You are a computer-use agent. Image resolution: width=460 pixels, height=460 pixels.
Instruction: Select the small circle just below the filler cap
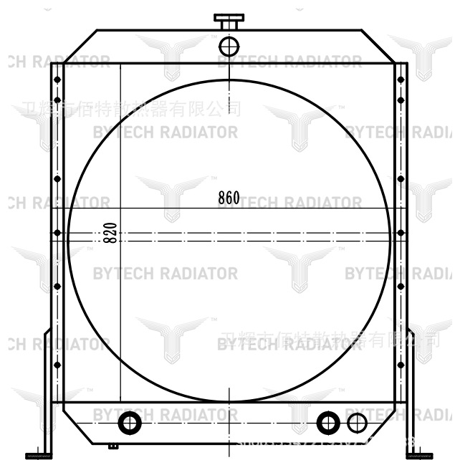(x=229, y=47)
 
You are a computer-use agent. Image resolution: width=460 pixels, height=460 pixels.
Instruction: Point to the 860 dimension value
(x=229, y=198)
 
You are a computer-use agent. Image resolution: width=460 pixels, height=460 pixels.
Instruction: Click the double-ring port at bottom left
(x=130, y=423)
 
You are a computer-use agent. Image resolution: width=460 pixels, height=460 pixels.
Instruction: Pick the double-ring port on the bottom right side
(x=327, y=423)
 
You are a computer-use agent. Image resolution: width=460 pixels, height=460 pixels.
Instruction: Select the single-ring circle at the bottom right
(x=356, y=423)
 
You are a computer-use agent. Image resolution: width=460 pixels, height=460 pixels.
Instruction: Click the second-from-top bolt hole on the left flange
(x=57, y=100)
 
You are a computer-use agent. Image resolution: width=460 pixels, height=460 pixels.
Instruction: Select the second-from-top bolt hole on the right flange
(x=401, y=100)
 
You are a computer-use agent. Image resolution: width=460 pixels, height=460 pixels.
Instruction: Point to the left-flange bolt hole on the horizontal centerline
(x=57, y=232)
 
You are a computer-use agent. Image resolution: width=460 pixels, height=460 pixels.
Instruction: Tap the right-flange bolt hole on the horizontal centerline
(x=401, y=232)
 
